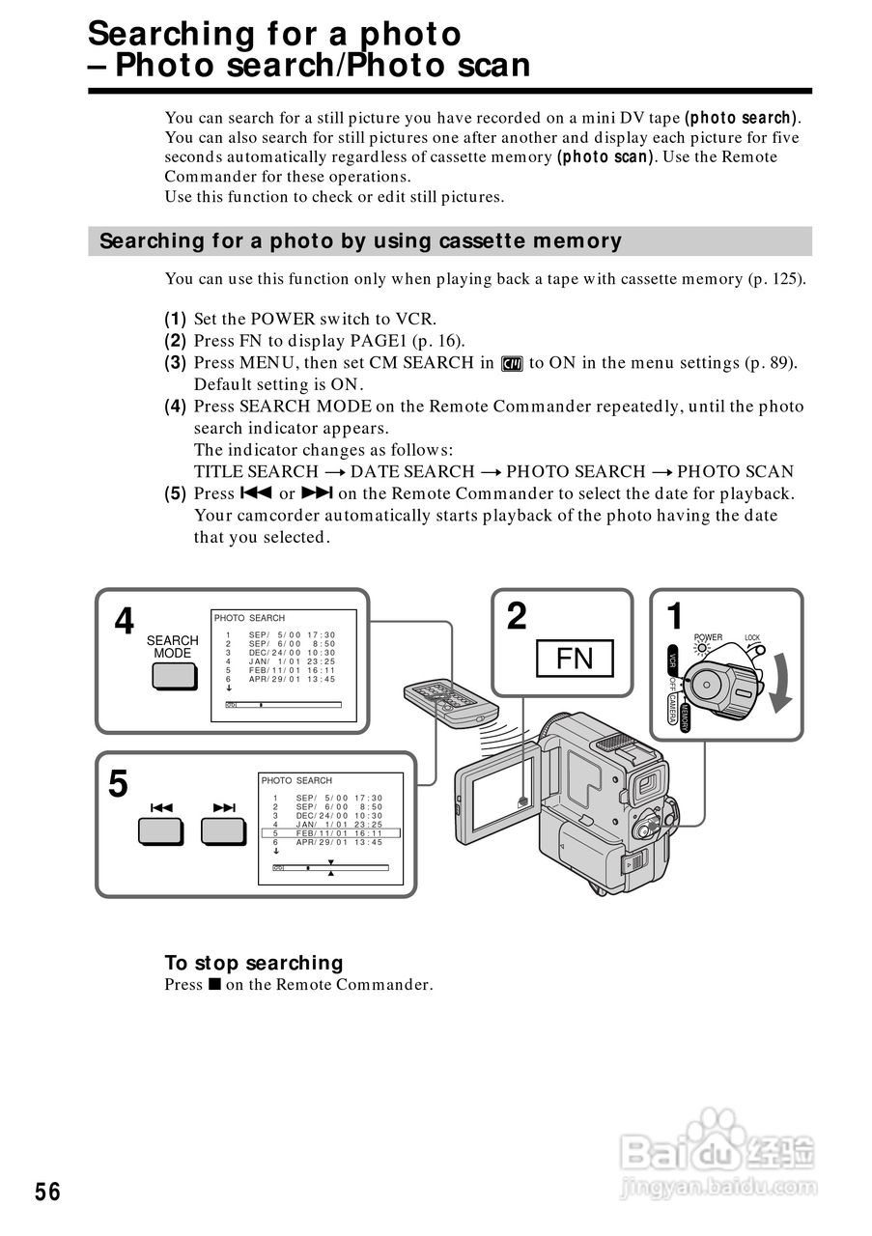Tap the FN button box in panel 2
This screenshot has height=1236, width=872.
[575, 659]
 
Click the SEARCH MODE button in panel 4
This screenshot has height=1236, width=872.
[173, 676]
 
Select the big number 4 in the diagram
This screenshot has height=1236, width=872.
[125, 622]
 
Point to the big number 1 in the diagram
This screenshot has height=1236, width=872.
[676, 616]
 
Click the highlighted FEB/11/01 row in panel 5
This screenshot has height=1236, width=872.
[329, 832]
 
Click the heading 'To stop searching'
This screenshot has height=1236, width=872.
[254, 963]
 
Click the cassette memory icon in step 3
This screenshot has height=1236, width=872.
[512, 363]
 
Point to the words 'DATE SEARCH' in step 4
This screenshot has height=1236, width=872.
[412, 471]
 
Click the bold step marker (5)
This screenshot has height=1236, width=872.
[175, 493]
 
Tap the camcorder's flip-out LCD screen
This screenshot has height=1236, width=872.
[497, 797]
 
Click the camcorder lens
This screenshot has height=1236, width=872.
[647, 781]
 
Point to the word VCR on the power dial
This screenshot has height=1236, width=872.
[673, 661]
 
